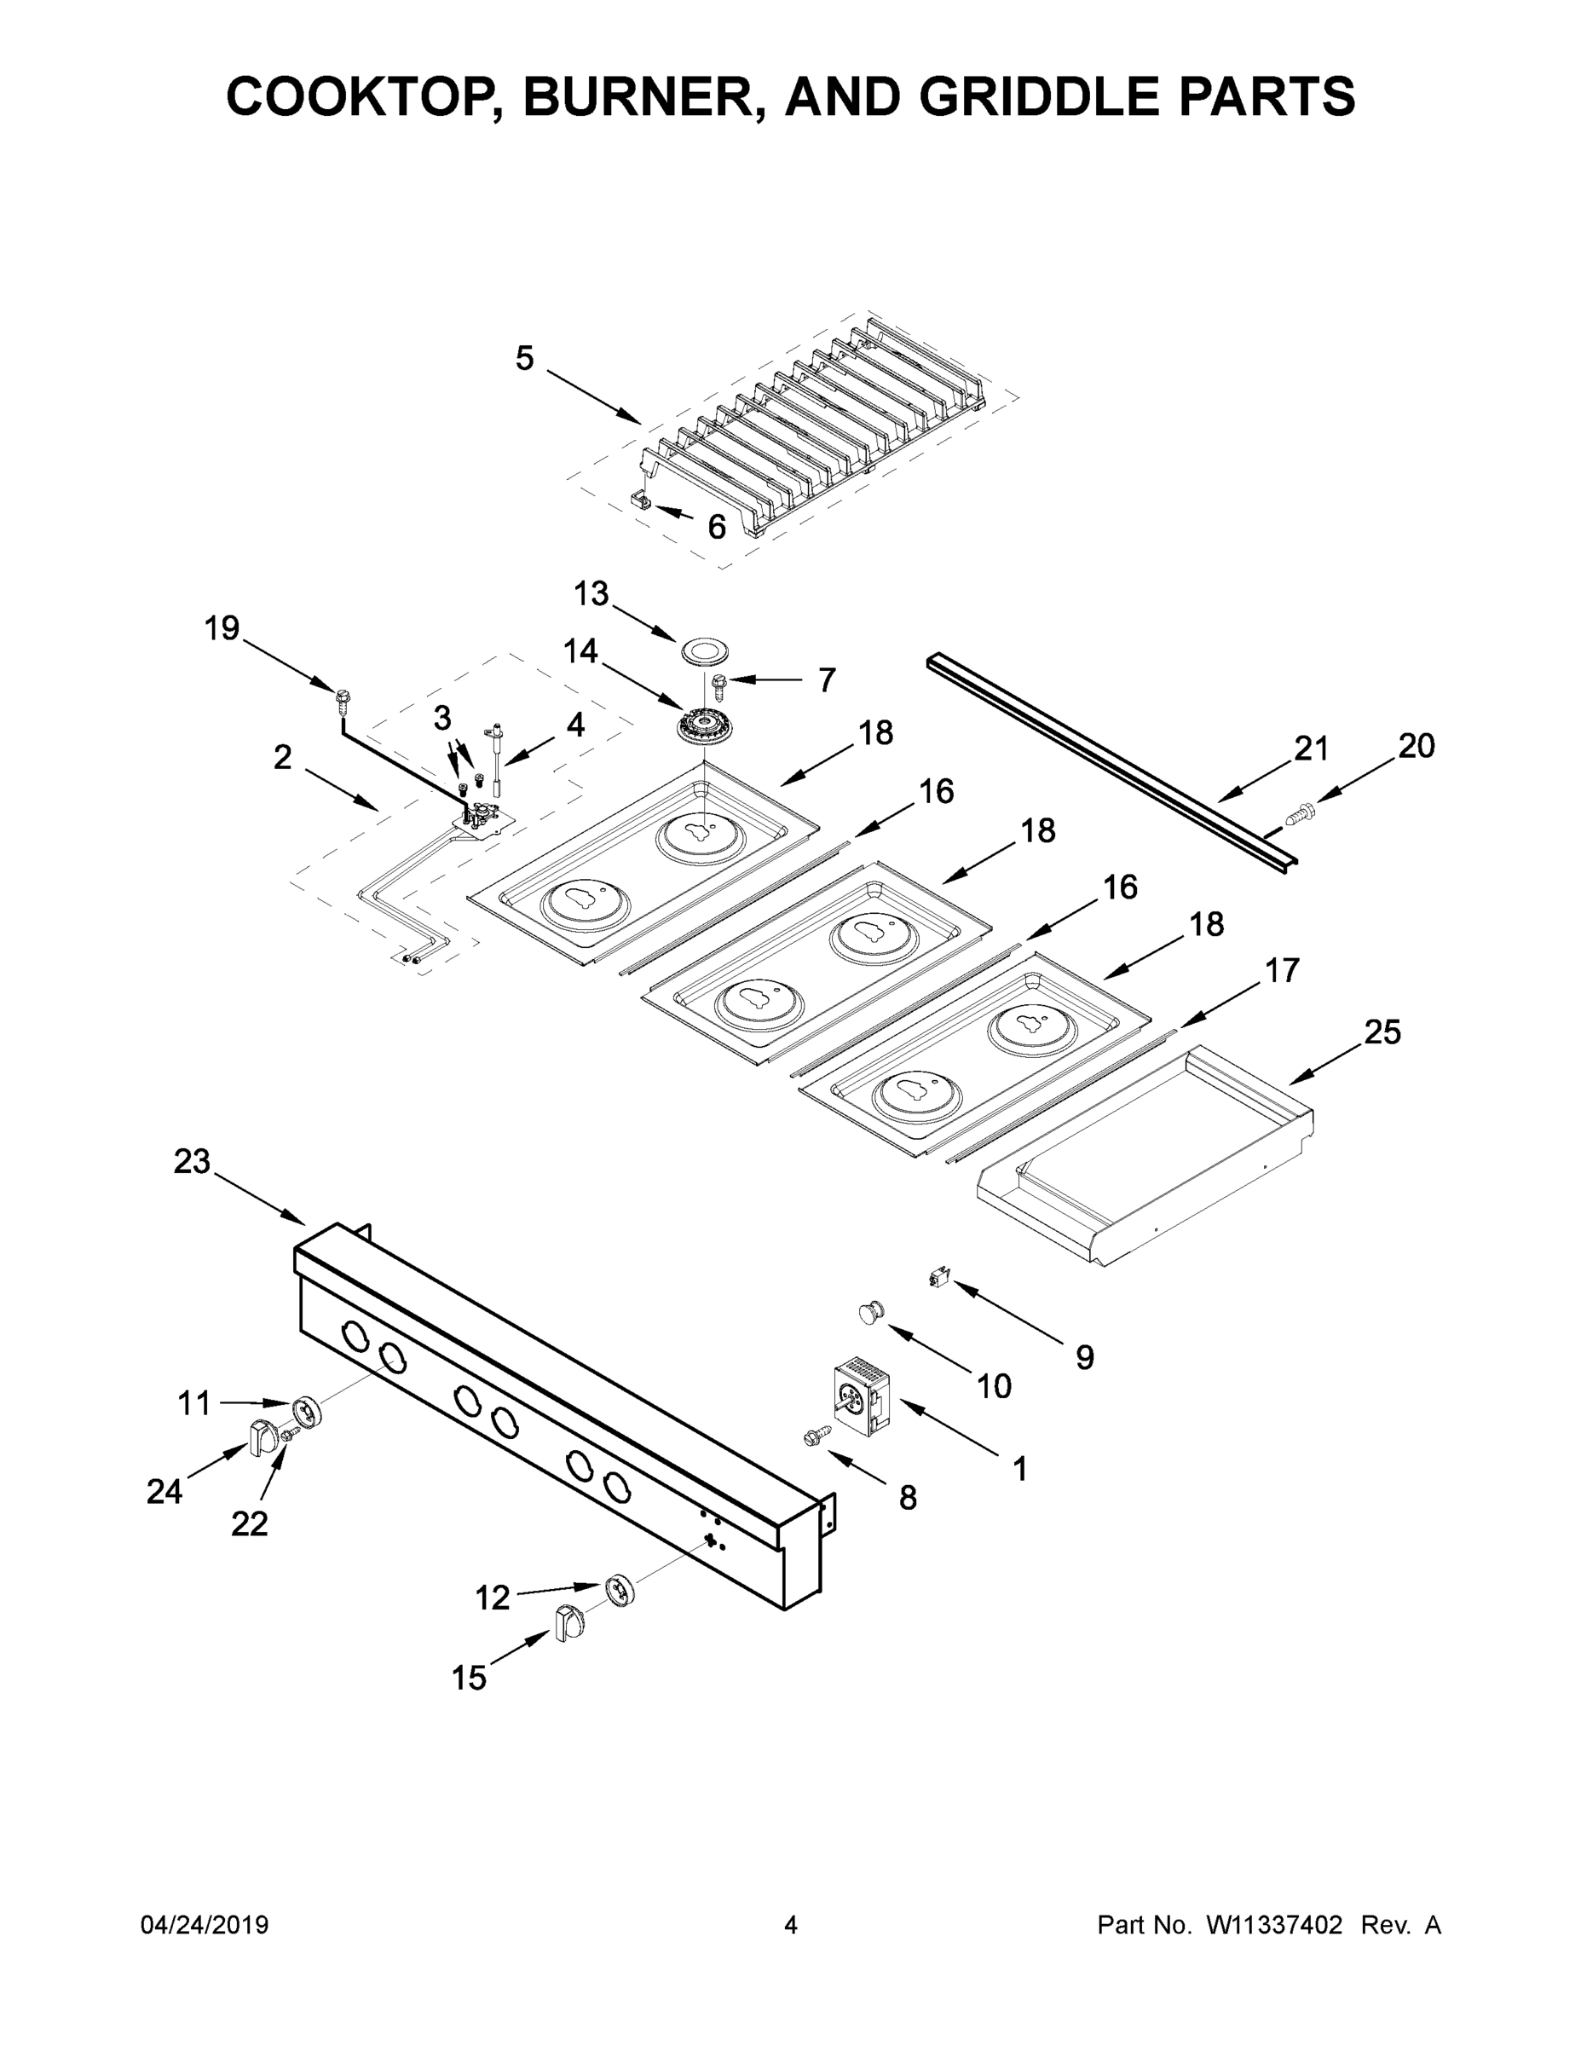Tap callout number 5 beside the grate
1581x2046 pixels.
524,358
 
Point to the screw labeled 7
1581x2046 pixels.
721,685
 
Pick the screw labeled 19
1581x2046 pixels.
342,697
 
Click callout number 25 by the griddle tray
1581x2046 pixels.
1382,1032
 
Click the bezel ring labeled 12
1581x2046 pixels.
620,1590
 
